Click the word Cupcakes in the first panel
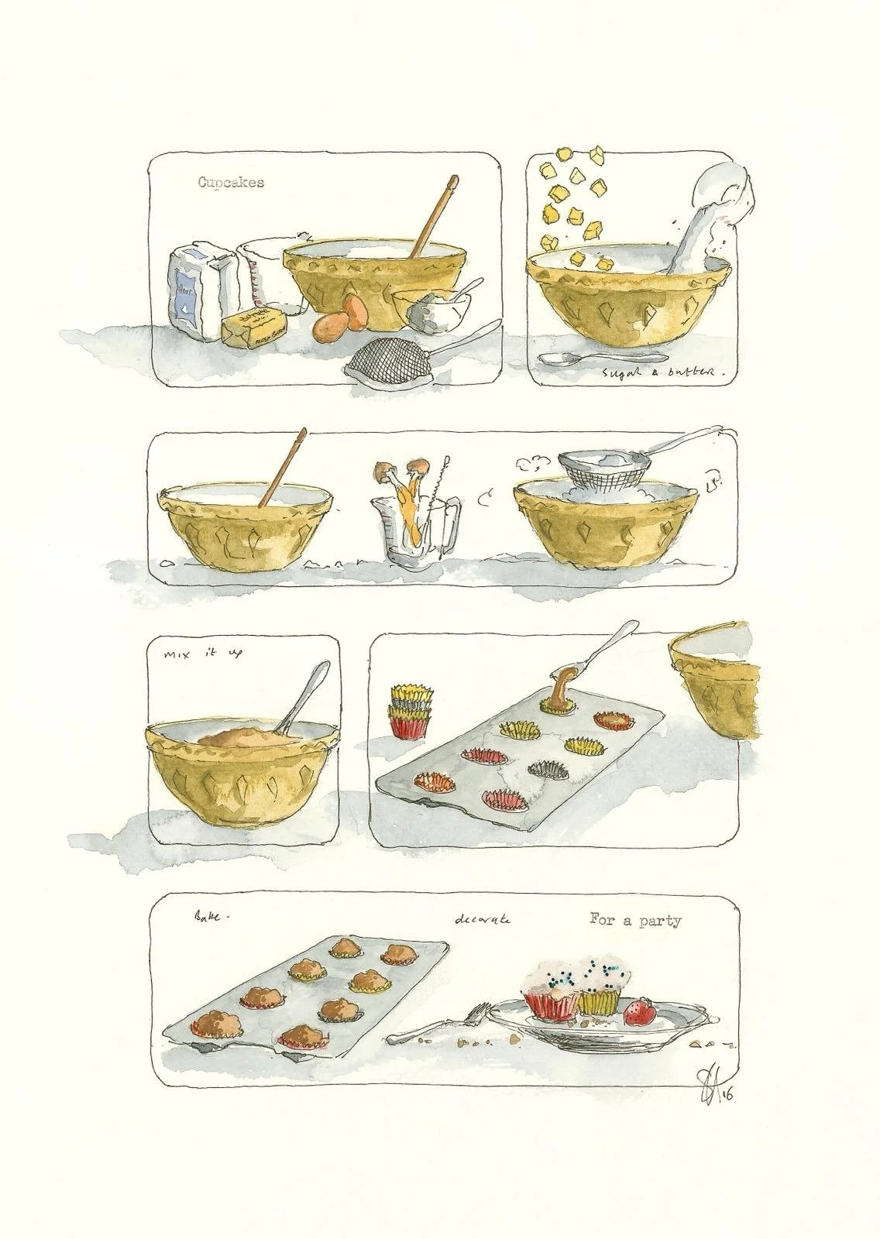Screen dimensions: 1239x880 (230, 183)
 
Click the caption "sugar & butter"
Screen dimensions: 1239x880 (665, 374)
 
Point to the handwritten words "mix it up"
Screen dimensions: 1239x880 (204, 654)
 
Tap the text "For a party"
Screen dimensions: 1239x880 (635, 921)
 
